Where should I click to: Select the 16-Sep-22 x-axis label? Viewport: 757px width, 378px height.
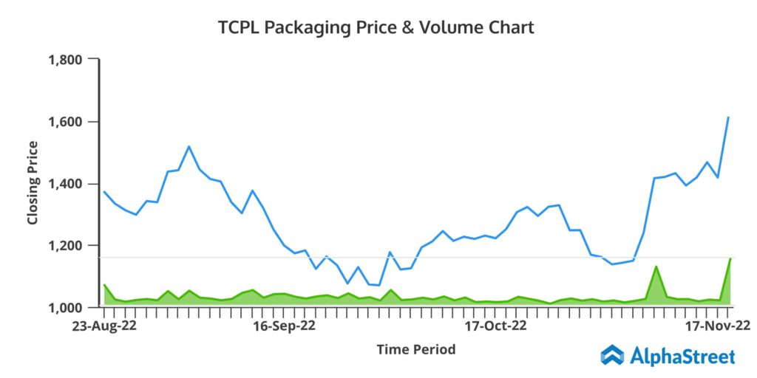click(285, 325)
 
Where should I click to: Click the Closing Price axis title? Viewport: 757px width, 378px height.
click(33, 182)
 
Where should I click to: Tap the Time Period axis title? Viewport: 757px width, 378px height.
click(415, 348)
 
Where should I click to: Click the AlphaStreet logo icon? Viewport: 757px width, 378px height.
click(612, 356)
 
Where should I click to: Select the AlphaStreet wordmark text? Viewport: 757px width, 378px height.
click(682, 357)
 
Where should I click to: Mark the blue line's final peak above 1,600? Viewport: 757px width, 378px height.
click(729, 117)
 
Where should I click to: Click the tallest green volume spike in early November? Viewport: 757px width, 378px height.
click(656, 267)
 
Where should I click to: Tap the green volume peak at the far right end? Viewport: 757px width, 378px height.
click(730, 259)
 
